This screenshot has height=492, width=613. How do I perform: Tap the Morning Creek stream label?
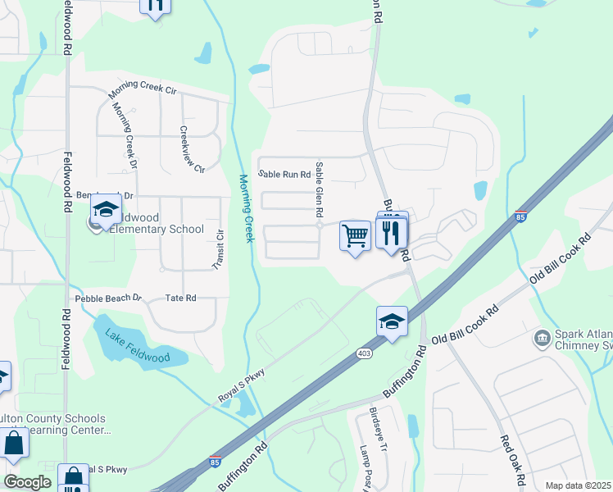[245, 207]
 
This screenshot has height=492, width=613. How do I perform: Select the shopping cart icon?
[355, 236]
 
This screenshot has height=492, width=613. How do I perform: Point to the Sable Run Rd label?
[284, 175]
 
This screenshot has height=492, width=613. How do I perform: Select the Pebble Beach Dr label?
[108, 298]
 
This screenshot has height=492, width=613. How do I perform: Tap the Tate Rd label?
[181, 298]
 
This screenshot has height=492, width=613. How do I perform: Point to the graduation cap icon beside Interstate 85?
[393, 321]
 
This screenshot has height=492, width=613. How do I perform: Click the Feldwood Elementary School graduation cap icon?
[106, 210]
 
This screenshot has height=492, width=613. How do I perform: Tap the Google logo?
[26, 482]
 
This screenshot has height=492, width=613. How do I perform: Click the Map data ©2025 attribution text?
[578, 485]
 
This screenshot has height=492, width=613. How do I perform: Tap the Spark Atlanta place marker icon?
[542, 337]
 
